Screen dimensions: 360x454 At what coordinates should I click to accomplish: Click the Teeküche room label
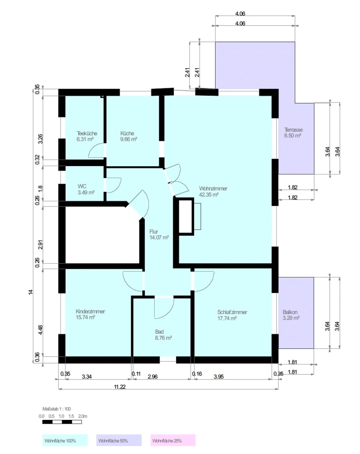(x=87, y=134)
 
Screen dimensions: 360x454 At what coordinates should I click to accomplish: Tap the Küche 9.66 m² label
(x=129, y=136)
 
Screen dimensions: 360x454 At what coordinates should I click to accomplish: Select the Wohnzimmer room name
(x=213, y=188)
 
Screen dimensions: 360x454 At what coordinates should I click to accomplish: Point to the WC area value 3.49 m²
(x=86, y=193)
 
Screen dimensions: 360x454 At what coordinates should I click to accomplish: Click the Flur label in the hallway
(x=154, y=232)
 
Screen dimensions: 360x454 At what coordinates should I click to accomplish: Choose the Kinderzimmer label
(x=90, y=311)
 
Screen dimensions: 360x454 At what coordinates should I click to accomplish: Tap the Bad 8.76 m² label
(x=163, y=335)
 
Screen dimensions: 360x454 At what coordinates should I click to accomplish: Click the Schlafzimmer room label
(x=232, y=312)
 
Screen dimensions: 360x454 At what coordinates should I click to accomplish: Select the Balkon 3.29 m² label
(x=291, y=315)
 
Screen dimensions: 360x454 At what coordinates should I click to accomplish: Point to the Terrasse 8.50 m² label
(x=293, y=132)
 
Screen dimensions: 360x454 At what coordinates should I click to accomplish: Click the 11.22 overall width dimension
(x=120, y=387)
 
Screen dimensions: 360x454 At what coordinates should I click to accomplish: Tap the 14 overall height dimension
(x=31, y=292)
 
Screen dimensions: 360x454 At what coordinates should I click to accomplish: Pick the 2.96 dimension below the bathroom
(x=152, y=377)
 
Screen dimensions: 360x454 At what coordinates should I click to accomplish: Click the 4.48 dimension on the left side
(x=40, y=330)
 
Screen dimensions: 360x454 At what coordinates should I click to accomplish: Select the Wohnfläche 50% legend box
(x=119, y=440)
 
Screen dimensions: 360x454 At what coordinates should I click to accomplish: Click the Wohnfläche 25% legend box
(x=173, y=440)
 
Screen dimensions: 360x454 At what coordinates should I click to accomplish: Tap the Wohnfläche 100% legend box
(x=65, y=440)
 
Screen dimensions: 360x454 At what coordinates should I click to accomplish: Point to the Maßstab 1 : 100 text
(x=56, y=409)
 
